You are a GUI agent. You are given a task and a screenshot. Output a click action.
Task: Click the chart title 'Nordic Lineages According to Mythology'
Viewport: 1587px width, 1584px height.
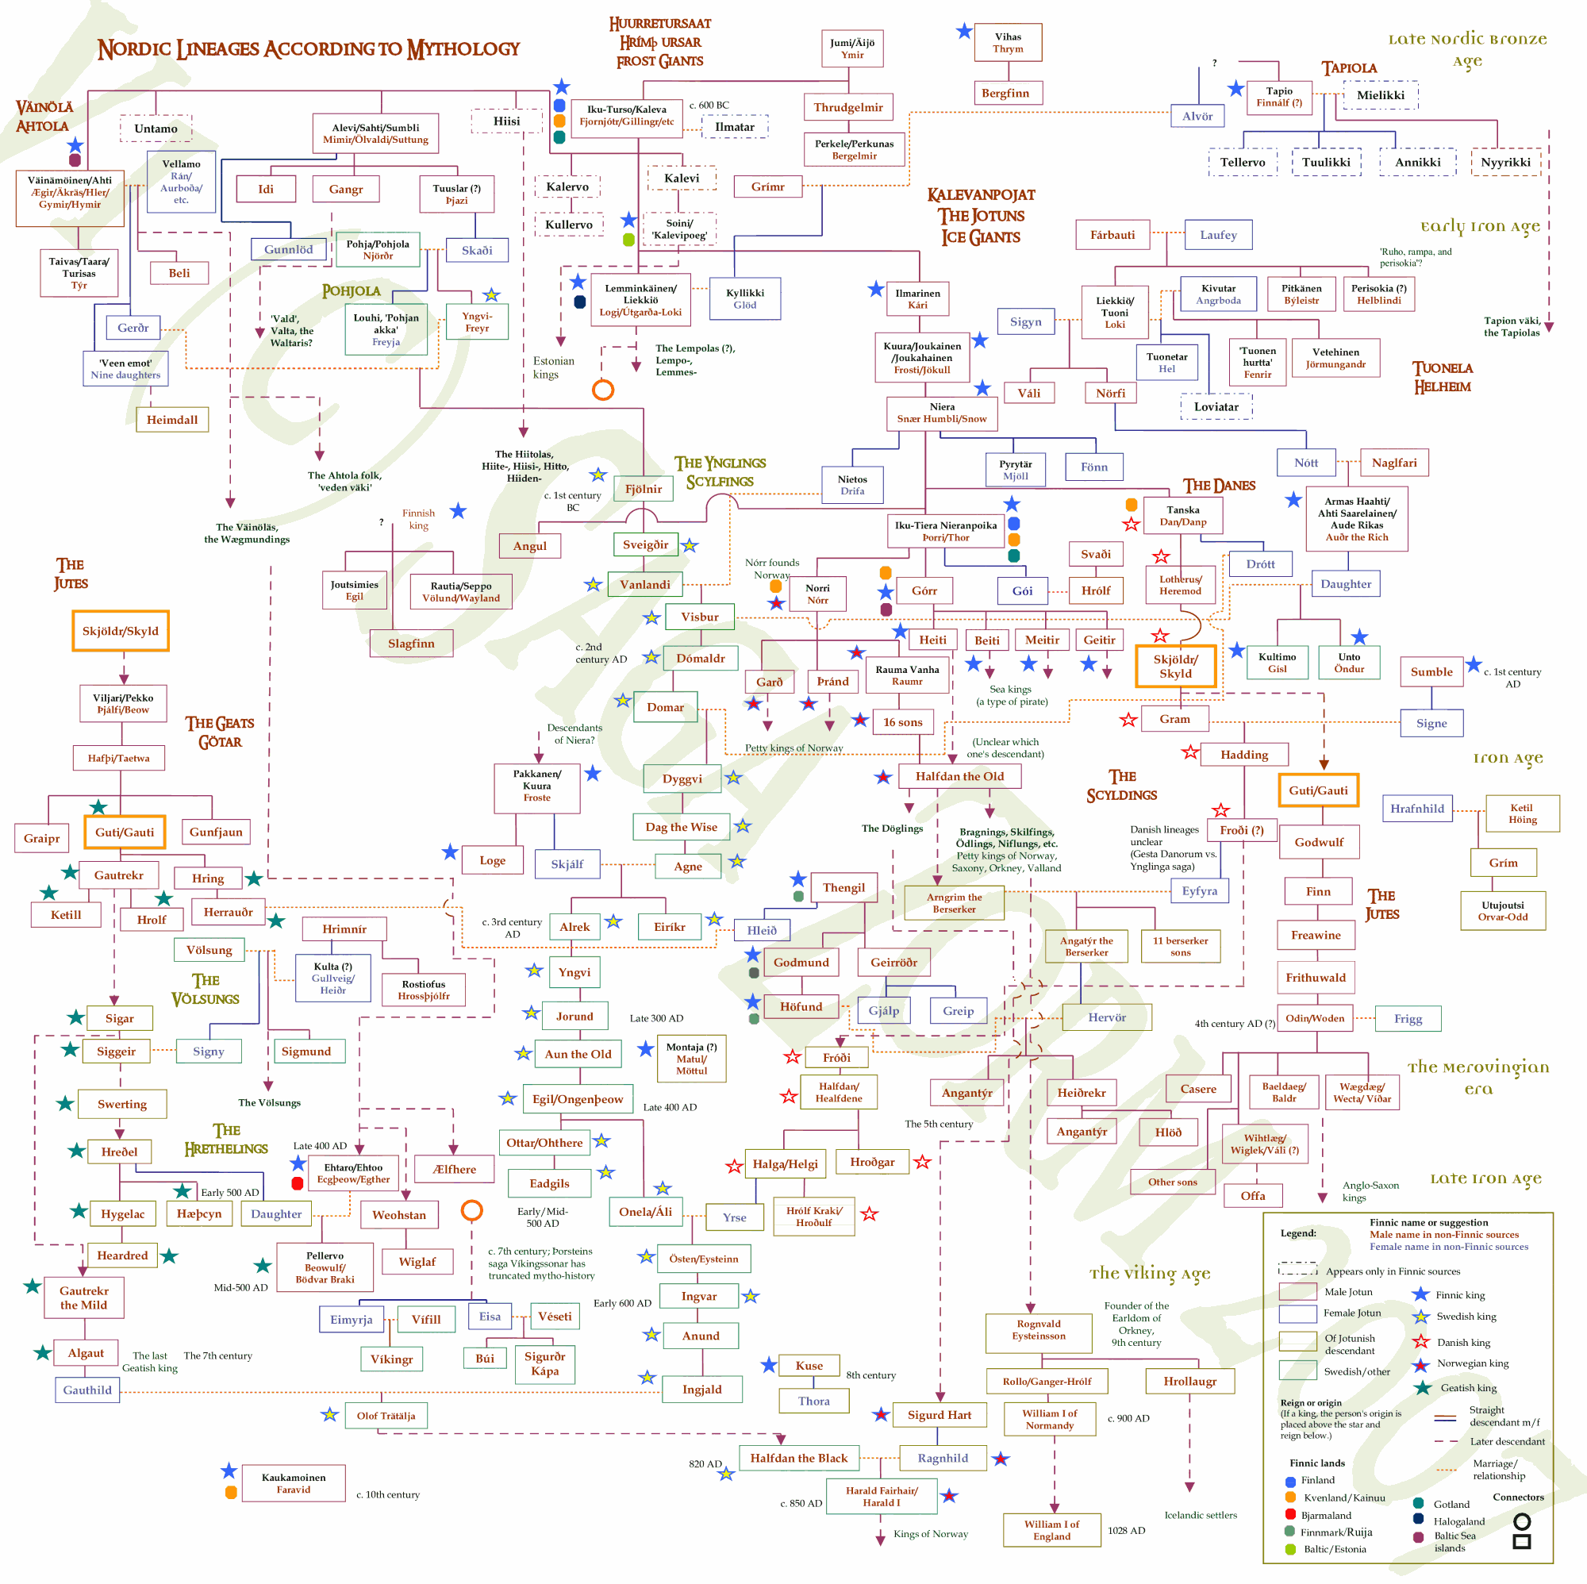pos(308,49)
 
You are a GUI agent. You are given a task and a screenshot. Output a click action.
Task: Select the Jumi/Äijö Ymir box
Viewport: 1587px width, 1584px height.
pos(851,48)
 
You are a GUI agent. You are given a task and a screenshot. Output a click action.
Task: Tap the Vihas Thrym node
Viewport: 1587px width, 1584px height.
pos(1007,43)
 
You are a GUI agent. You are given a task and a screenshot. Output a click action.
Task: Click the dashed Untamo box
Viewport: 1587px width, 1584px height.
pos(156,129)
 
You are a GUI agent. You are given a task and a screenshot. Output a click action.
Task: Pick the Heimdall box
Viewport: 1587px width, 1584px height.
pos(171,420)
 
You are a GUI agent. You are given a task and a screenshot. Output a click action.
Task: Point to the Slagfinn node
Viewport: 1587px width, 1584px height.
pos(411,644)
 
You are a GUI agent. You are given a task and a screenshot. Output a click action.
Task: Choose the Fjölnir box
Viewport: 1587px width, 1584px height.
pos(644,489)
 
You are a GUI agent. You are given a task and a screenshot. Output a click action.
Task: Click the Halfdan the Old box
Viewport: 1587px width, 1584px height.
pos(959,775)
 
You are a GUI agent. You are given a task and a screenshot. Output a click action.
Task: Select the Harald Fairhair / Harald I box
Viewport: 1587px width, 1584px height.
pos(882,1496)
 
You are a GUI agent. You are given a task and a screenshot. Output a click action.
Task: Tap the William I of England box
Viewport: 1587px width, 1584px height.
pos(1051,1530)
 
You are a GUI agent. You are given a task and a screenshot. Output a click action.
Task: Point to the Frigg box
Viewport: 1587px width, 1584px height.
pos(1407,1019)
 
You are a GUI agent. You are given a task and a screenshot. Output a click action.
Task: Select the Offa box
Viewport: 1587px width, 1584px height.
pos(1252,1195)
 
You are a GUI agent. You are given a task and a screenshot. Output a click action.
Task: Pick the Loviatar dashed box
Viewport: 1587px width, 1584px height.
pos(1216,406)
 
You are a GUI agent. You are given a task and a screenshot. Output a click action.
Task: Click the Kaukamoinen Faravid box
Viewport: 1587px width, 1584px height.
pos(294,1483)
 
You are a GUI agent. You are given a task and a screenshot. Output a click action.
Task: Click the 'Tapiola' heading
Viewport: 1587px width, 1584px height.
pos(1349,68)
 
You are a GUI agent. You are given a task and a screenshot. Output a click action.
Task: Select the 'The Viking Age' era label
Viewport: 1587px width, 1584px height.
pos(1149,1274)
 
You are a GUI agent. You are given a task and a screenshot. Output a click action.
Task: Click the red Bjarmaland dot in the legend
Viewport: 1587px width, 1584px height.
pos(1290,1515)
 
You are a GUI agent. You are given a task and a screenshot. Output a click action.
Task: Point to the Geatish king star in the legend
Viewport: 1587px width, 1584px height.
pos(1422,1388)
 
